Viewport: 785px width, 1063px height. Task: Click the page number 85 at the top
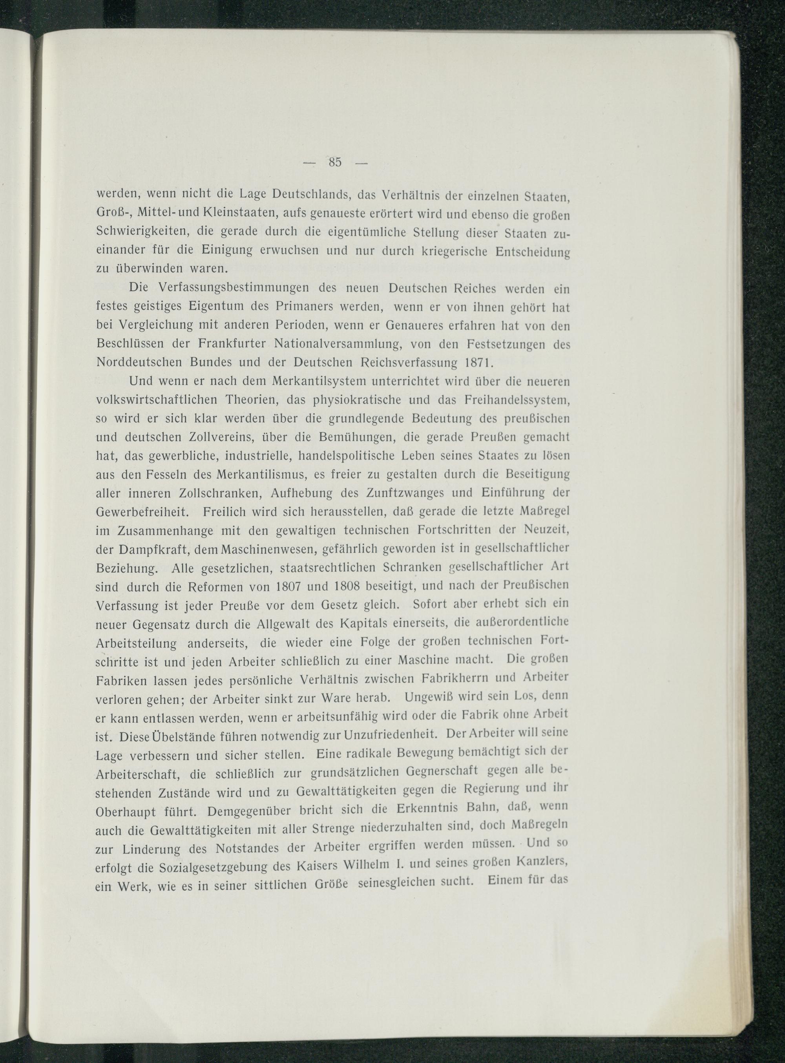click(x=334, y=162)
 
